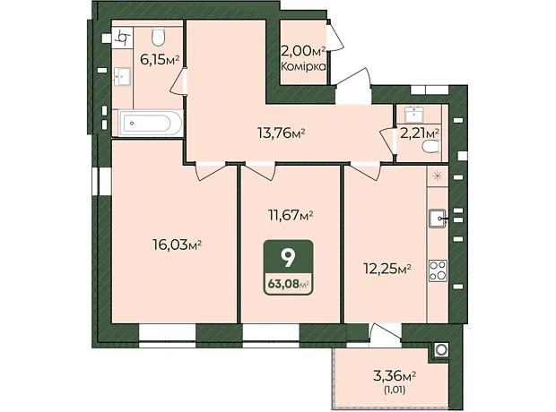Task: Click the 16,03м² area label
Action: click(x=178, y=245)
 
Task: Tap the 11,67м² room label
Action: click(x=290, y=215)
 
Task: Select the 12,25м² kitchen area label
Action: click(x=387, y=269)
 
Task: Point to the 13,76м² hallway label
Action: click(x=282, y=133)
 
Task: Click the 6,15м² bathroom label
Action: click(x=161, y=60)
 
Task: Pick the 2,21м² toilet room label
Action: click(x=420, y=133)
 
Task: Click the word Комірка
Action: click(x=303, y=66)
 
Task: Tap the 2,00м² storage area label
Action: click(x=303, y=52)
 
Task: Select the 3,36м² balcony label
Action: click(x=395, y=375)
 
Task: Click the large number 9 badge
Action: click(x=288, y=258)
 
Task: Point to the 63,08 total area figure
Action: click(x=283, y=284)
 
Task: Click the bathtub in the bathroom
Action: click(x=151, y=124)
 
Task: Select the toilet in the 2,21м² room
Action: click(x=431, y=146)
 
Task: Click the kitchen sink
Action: click(x=438, y=219)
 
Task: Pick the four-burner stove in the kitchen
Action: click(x=438, y=270)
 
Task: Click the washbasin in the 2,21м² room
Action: click(x=414, y=115)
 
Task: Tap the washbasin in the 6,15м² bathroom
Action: click(x=122, y=76)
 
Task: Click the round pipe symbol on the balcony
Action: click(x=440, y=350)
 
